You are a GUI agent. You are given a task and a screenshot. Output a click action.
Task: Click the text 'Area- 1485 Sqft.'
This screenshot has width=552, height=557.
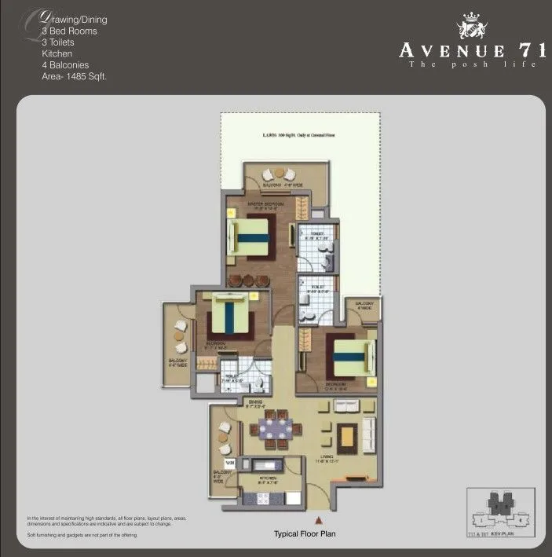(74, 77)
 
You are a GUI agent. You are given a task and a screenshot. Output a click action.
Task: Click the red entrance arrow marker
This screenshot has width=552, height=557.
(318, 520)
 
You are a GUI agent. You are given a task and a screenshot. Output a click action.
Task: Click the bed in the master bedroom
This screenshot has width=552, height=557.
(250, 239)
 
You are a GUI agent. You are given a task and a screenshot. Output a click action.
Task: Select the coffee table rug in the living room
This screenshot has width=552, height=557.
(347, 434)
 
